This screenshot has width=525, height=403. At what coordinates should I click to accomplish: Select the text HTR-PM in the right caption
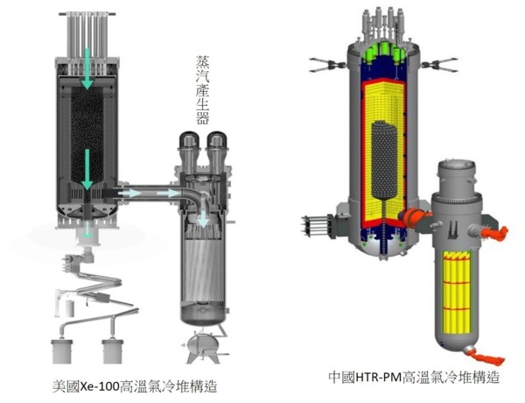pos(378,378)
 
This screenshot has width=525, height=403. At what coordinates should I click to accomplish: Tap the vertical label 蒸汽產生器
pos(203,90)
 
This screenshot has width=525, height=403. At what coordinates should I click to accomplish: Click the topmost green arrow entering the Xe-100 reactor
pos(87,68)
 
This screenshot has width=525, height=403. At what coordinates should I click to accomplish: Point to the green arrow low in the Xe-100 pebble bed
pos(87,170)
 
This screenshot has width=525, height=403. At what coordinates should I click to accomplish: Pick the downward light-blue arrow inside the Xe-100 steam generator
pos(203,219)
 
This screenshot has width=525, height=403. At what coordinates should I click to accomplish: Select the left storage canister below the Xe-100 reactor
pos(62,351)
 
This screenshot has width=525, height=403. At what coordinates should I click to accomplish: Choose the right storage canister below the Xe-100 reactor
pos(113,351)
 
